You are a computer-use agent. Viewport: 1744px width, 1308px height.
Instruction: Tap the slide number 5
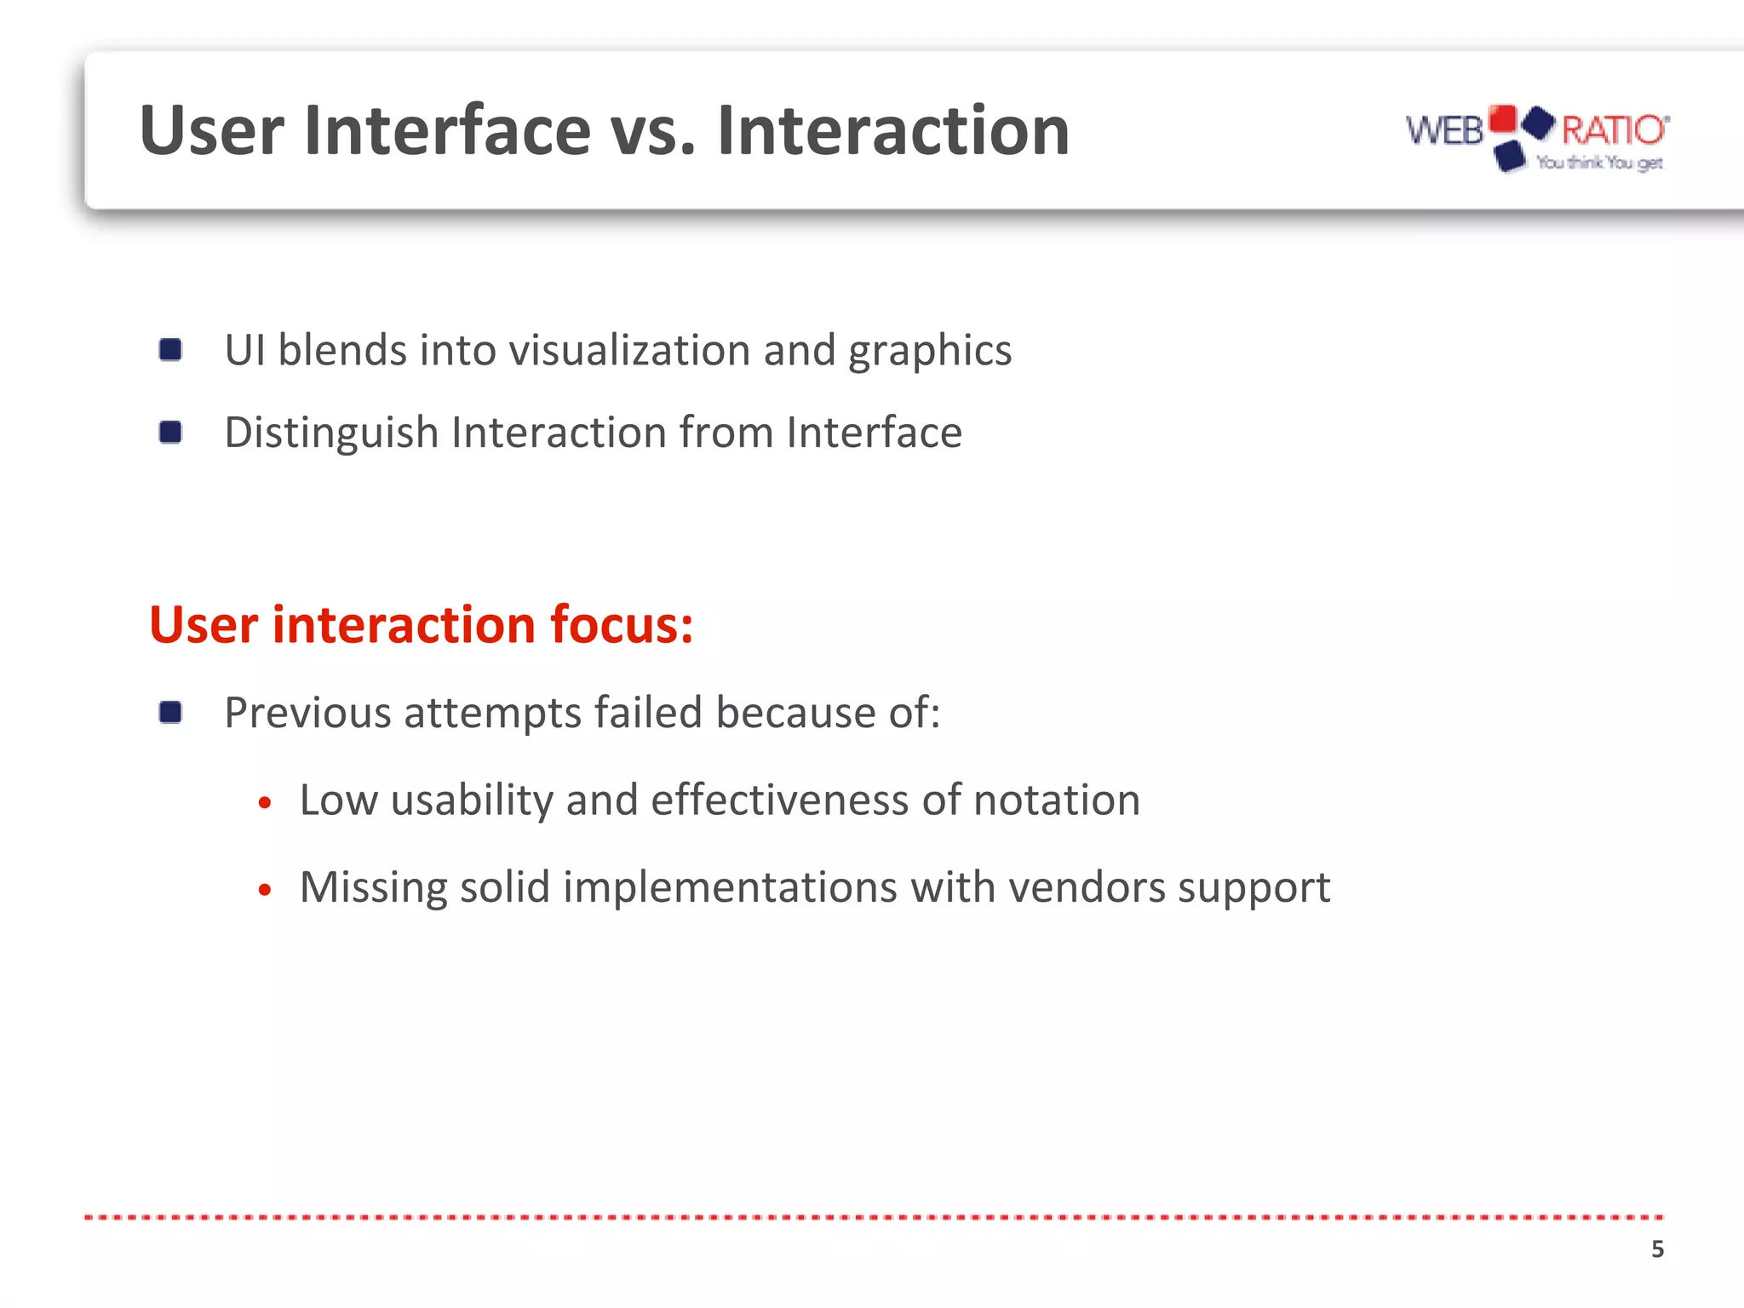tap(1657, 1249)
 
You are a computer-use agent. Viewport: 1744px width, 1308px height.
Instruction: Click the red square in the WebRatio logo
tap(1503, 119)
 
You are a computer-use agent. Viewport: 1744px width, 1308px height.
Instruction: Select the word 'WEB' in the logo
tap(1444, 131)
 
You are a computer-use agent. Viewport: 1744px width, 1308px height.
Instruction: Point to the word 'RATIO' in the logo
tap(1613, 130)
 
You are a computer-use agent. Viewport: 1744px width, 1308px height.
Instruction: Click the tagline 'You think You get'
tap(1598, 163)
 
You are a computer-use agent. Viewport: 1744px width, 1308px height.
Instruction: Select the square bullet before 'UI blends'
tap(170, 350)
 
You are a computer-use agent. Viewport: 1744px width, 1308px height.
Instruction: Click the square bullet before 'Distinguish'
tap(170, 433)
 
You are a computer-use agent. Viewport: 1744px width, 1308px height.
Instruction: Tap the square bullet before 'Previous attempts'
tap(170, 712)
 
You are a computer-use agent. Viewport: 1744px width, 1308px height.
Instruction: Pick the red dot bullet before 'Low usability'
tap(265, 803)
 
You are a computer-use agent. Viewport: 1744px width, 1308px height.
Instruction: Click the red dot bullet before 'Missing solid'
tap(265, 890)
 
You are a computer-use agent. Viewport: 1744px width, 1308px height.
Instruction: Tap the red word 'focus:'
tap(621, 625)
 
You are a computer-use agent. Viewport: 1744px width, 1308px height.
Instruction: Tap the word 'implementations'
tap(730, 888)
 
